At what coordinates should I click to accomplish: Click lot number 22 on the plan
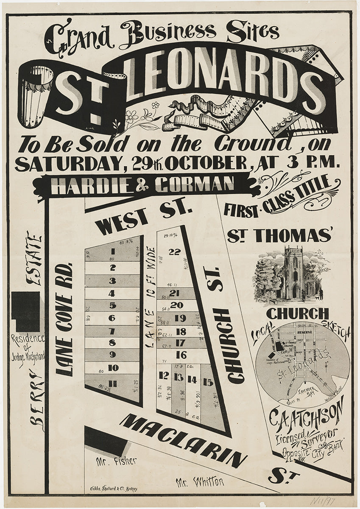click(x=174, y=252)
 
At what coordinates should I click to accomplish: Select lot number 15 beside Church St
click(x=208, y=382)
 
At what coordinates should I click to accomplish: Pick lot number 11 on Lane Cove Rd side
click(x=113, y=384)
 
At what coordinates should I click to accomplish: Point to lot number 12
click(x=164, y=375)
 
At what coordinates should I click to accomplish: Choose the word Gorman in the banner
click(x=195, y=185)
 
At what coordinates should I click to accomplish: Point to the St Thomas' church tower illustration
click(x=293, y=271)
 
